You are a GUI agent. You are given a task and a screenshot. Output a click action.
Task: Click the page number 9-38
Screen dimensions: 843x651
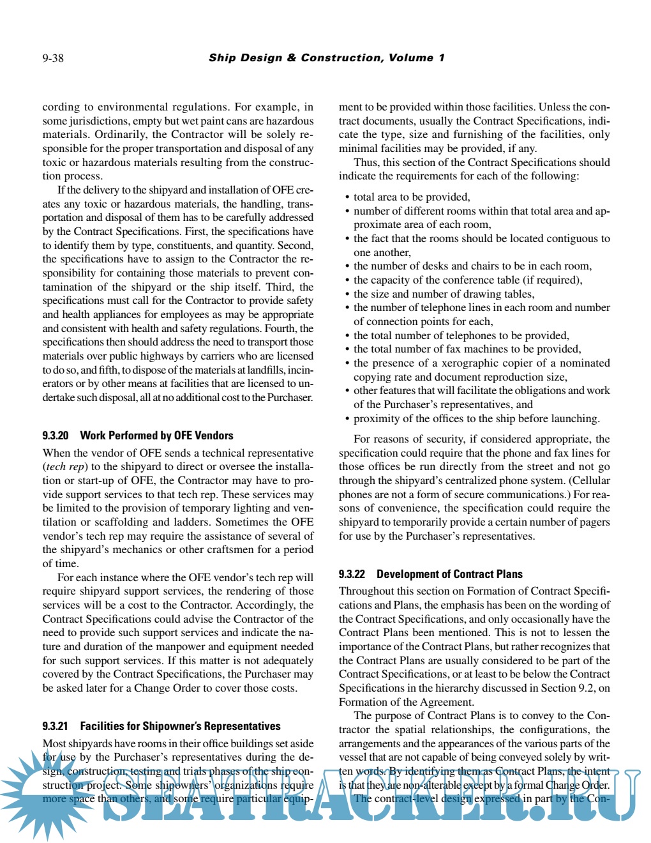[53, 58]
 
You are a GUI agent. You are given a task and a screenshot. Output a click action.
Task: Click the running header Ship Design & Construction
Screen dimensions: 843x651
[326, 58]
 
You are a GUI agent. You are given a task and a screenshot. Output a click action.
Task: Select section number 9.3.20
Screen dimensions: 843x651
[56, 436]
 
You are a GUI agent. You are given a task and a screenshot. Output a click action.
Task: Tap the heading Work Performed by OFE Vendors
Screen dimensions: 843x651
[156, 436]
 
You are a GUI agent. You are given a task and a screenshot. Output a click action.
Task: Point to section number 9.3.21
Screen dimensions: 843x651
[56, 726]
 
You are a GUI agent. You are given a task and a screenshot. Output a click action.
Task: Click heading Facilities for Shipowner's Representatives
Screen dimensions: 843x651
[180, 726]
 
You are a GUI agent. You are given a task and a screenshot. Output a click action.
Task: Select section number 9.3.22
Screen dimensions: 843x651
[352, 574]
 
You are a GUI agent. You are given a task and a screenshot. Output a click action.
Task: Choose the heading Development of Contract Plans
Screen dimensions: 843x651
[449, 574]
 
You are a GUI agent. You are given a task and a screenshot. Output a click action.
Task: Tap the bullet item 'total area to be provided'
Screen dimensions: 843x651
[412, 197]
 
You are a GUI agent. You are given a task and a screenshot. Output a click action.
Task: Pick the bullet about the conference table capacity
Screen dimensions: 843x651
[468, 280]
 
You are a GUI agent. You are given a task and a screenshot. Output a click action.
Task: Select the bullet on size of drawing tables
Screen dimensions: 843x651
[444, 294]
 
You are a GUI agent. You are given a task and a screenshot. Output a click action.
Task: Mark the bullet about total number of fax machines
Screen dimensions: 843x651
[467, 349]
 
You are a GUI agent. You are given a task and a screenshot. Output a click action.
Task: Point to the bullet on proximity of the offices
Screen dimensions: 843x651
[476, 419]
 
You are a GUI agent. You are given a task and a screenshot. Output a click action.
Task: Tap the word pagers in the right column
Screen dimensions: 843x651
[594, 522]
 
